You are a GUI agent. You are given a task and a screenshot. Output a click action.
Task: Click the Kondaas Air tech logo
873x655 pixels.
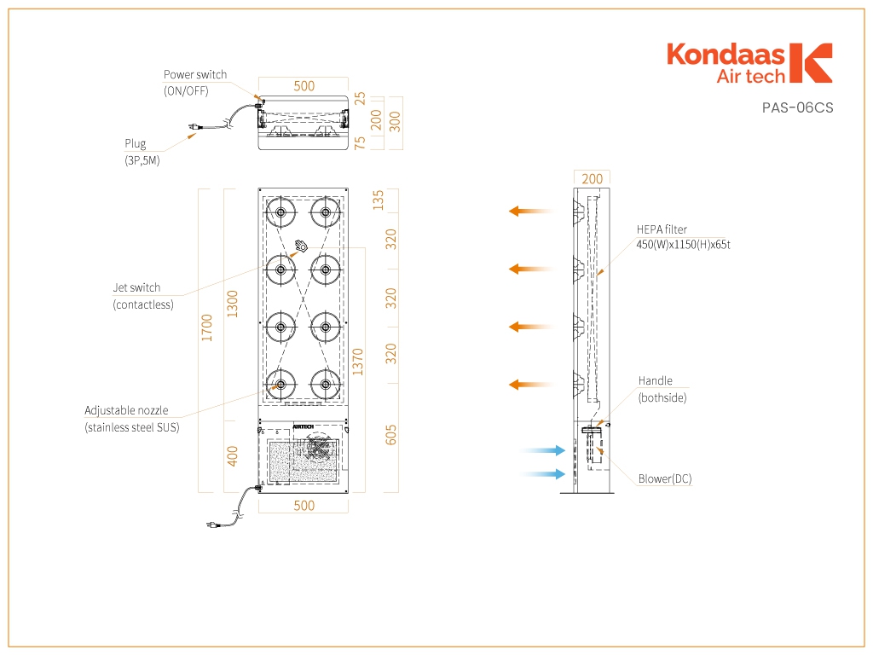point(749,63)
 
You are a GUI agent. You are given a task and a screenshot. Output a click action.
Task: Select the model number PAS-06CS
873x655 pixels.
point(797,107)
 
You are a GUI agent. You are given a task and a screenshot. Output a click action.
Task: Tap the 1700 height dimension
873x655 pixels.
point(206,328)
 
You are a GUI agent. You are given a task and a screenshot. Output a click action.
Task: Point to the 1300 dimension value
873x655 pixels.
point(232,304)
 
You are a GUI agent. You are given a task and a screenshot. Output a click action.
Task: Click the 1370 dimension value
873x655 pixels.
point(357,362)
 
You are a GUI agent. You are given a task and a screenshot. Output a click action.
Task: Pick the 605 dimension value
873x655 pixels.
point(390,435)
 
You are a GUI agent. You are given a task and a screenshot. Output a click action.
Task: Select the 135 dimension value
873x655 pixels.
point(378,200)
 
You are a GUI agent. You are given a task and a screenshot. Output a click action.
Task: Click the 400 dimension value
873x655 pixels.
point(232,456)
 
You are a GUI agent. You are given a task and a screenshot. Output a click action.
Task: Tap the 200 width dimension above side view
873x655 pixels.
point(592,179)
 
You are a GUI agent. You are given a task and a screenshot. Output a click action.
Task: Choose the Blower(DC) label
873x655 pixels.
point(665,479)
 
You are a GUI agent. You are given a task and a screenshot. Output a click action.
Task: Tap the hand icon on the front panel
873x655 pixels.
point(301,245)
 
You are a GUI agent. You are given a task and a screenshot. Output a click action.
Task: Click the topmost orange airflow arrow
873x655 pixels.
point(530,212)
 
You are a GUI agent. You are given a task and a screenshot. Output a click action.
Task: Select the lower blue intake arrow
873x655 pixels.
point(543,474)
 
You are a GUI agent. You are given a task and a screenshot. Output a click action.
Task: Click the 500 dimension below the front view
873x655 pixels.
point(304,506)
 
